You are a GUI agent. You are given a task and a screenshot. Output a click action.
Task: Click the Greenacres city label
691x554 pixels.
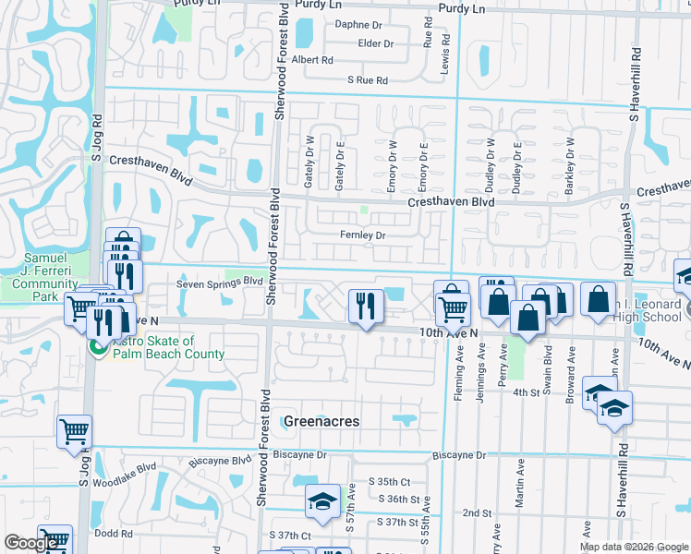click(321, 421)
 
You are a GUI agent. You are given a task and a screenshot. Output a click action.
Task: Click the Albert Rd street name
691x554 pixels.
click(311, 60)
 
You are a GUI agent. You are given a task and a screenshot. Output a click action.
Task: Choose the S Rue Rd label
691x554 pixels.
click(368, 81)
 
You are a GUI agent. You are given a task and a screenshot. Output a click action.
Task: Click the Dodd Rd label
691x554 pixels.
click(114, 533)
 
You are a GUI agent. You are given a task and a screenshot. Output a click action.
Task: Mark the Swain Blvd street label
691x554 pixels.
click(547, 361)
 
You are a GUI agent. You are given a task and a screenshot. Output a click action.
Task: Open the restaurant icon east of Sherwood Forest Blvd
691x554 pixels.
click(366, 306)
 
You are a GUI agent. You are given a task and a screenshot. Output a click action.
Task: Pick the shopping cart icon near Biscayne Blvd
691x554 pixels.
click(74, 430)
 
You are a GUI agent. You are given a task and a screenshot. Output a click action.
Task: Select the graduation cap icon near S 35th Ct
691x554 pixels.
click(321, 500)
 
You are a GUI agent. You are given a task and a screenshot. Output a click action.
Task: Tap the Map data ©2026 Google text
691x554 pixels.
click(632, 547)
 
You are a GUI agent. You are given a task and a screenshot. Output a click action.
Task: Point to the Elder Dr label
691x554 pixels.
click(376, 43)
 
